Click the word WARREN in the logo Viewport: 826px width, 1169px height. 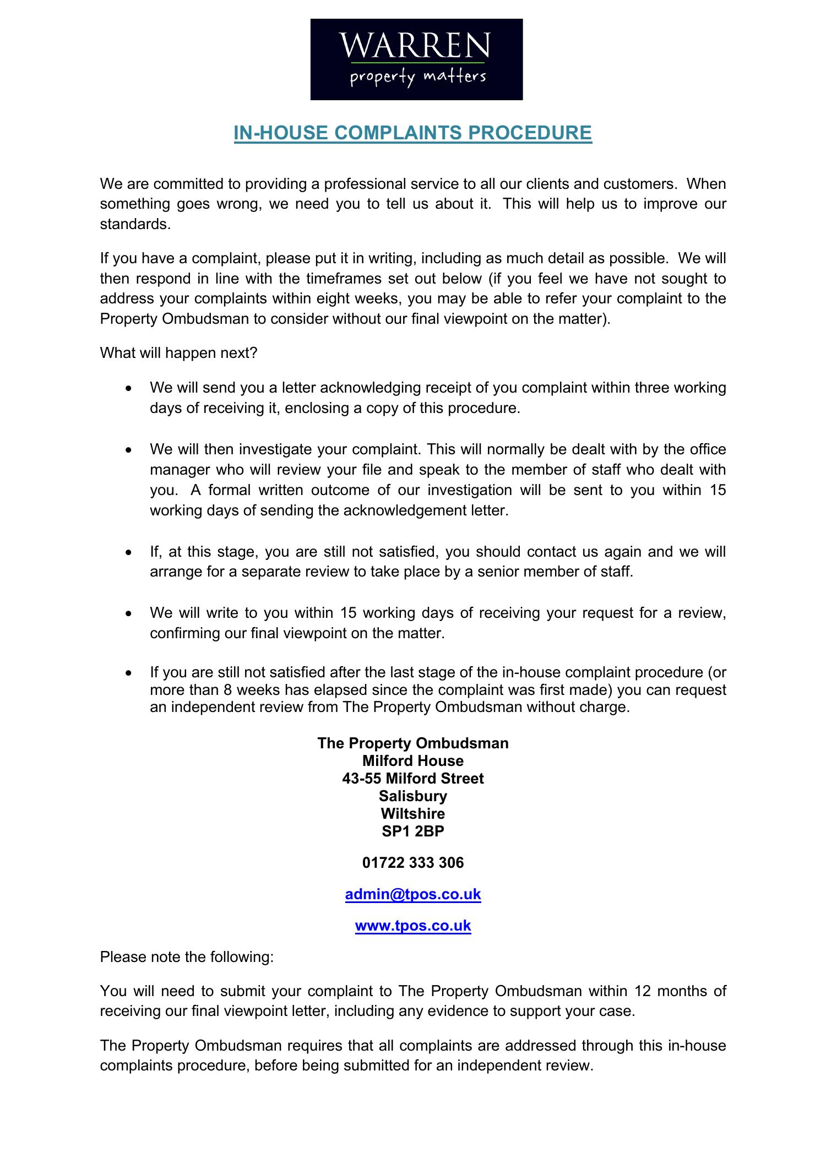[414, 46]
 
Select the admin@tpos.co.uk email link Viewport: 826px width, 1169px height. [413, 894]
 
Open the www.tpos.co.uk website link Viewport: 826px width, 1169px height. [413, 926]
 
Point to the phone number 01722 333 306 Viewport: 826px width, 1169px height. [413, 862]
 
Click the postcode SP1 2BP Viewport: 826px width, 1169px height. [413, 831]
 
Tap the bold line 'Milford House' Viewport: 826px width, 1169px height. [413, 760]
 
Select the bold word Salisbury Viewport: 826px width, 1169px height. [413, 796]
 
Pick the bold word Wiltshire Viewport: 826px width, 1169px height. [413, 813]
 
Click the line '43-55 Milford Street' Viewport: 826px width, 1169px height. [413, 778]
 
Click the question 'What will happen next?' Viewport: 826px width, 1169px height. [178, 352]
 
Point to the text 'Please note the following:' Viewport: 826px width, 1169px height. [187, 957]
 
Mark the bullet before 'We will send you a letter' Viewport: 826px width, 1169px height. [128, 388]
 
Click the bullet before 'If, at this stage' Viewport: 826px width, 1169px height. [128, 552]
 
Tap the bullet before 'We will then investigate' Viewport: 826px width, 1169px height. [128, 450]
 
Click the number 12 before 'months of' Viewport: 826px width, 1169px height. [643, 991]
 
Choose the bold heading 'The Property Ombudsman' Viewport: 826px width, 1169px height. [413, 743]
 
